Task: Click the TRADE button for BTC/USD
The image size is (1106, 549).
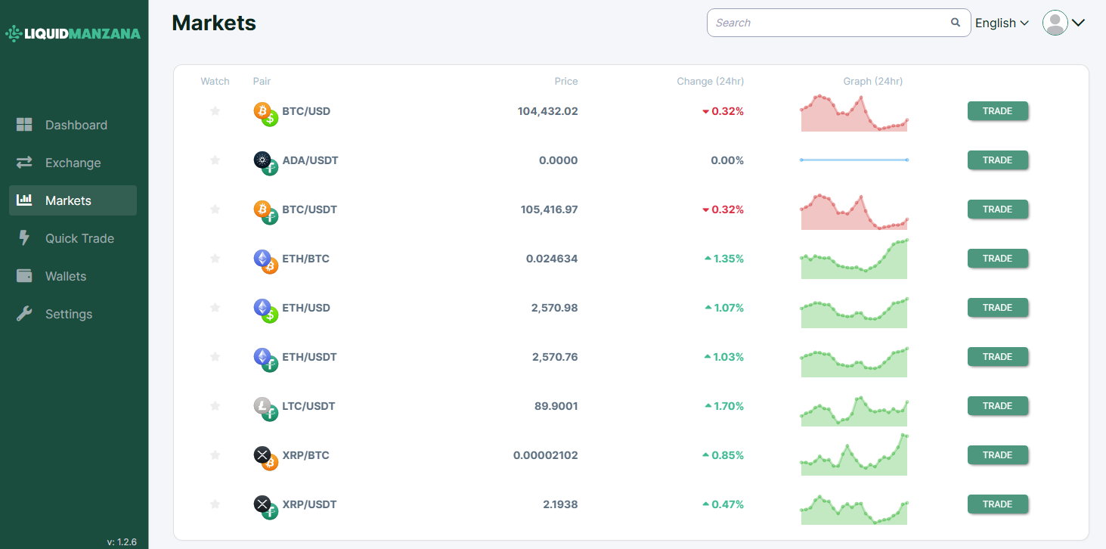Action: coord(997,111)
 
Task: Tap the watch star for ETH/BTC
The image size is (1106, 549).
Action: coord(215,259)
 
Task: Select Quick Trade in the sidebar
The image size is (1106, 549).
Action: coord(79,238)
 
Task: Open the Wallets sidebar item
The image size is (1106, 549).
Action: coord(66,276)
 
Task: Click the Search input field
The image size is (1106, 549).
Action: coord(828,23)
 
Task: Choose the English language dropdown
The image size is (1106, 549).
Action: coord(1002,23)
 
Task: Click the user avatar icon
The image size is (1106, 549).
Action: coord(1055,23)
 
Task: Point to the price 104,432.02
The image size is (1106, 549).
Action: coord(547,111)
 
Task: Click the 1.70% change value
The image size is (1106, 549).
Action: coord(728,406)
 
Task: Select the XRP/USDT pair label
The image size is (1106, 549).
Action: coord(309,504)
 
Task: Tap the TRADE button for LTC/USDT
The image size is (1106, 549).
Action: coord(997,406)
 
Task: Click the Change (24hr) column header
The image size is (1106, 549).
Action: coord(710,81)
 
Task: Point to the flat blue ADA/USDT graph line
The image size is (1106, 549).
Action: coord(854,160)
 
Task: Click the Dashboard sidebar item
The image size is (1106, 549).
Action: coord(76,125)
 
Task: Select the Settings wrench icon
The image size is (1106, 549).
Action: coord(24,314)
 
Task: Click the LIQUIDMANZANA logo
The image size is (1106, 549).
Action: coord(73,33)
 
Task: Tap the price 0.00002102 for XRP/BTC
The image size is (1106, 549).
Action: coord(545,455)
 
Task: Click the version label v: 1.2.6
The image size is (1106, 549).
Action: coord(122,541)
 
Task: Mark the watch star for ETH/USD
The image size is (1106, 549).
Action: coord(215,308)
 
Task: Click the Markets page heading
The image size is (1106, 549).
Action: coord(214,23)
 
